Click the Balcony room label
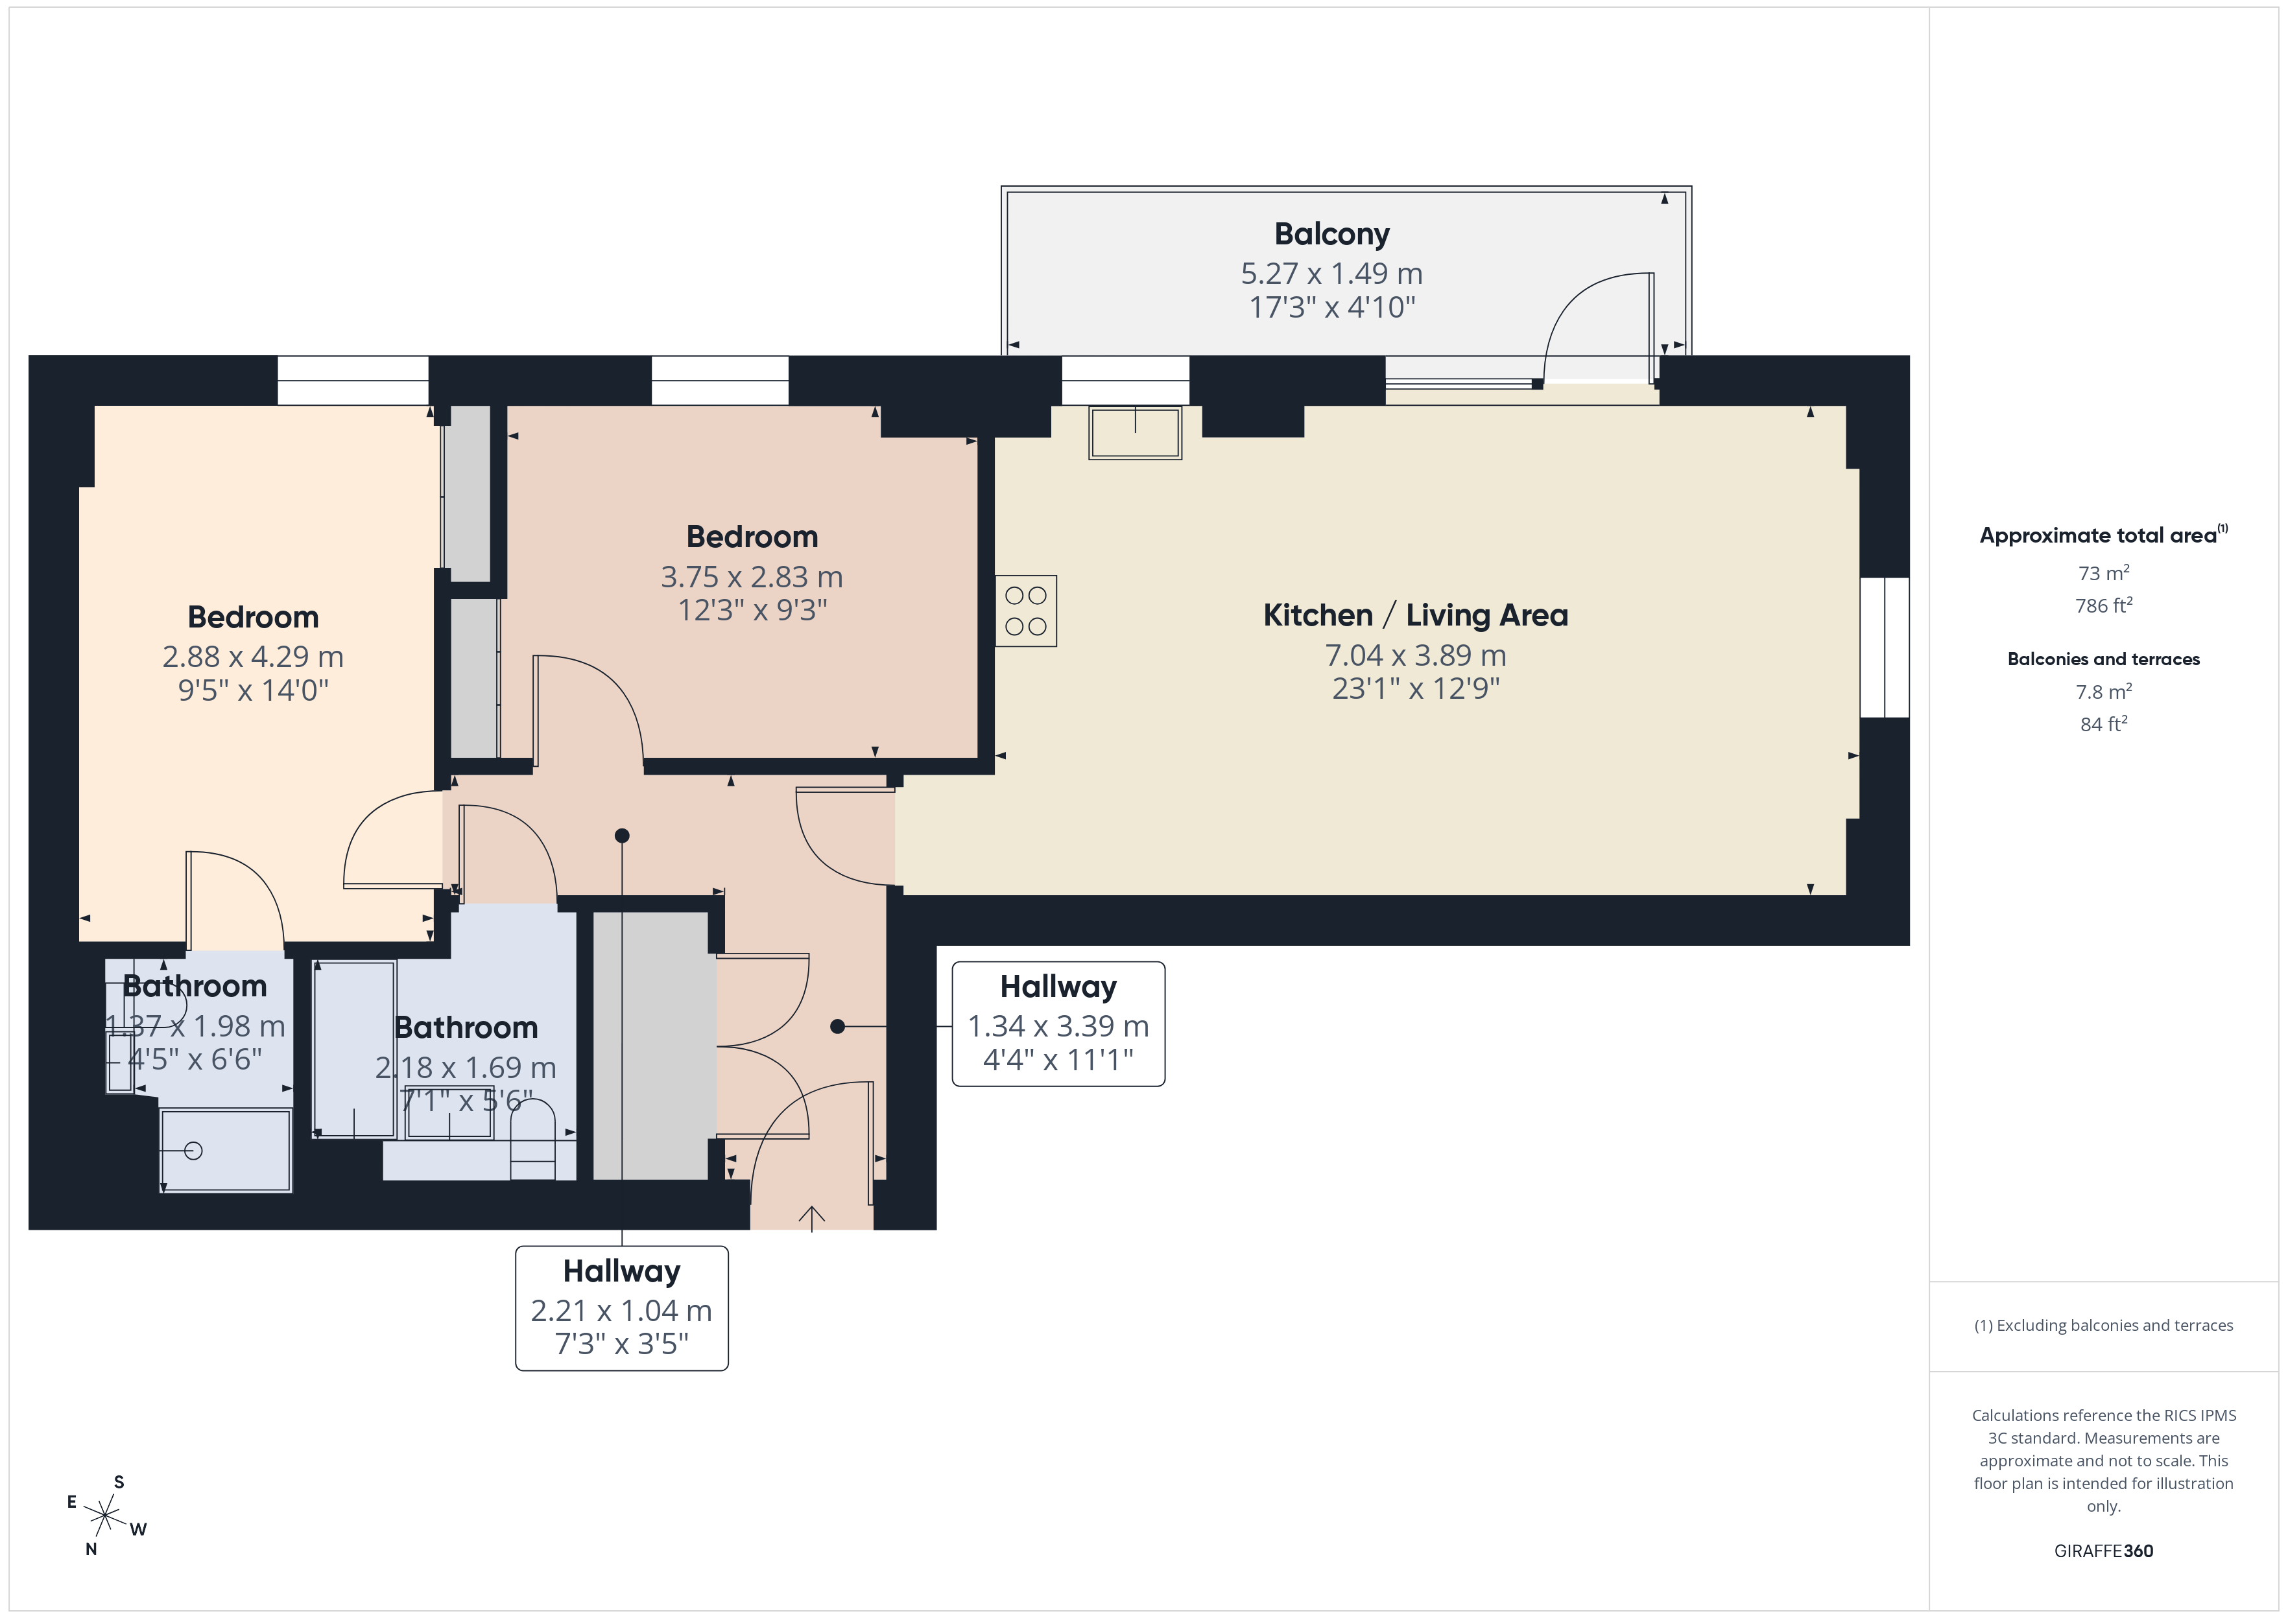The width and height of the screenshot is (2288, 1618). [x=1331, y=234]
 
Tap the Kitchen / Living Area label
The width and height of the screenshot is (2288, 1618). [x=1415, y=616]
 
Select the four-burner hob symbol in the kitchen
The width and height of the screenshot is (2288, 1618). [x=1025, y=611]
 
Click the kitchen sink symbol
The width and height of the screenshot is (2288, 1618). [x=1135, y=434]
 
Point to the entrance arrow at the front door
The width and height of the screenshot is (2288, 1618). [x=811, y=1217]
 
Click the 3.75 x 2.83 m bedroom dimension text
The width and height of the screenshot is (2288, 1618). [x=752, y=577]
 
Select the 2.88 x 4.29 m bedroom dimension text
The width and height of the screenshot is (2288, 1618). [x=253, y=657]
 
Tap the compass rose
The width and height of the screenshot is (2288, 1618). [x=104, y=1516]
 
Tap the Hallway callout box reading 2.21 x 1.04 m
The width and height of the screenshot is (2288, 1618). [x=622, y=1308]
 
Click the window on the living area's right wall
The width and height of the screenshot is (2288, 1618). [x=1883, y=648]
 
